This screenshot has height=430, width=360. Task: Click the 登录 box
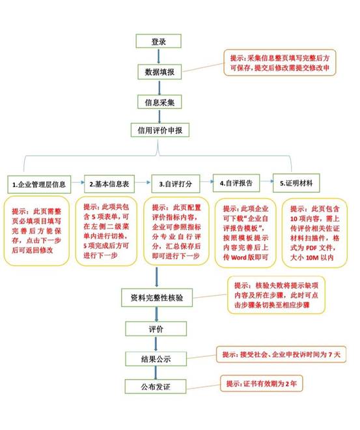pyautogui.click(x=158, y=41)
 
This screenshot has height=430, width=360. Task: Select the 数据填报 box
pyautogui.click(x=159, y=72)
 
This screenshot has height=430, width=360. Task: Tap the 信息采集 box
pyautogui.click(x=159, y=102)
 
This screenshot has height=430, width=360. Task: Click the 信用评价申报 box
pyautogui.click(x=159, y=130)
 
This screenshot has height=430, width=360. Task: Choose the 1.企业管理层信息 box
pyautogui.click(x=39, y=184)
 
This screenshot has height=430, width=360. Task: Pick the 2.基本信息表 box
pyautogui.click(x=109, y=184)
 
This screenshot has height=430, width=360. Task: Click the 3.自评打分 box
pyautogui.click(x=176, y=184)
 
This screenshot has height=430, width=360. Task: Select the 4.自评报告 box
pyautogui.click(x=236, y=183)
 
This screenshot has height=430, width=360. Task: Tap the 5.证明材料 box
pyautogui.click(x=296, y=183)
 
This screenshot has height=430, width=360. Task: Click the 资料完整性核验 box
pyautogui.click(x=157, y=298)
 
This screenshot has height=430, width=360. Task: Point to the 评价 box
pyautogui.click(x=156, y=329)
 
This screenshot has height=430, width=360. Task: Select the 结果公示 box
pyautogui.click(x=156, y=359)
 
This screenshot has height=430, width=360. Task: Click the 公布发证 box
pyautogui.click(x=156, y=386)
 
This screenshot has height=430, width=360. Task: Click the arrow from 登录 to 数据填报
pyautogui.click(x=159, y=56)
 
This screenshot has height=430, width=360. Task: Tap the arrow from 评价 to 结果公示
pyautogui.click(x=156, y=344)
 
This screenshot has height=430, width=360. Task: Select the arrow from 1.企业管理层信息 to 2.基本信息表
pyautogui.click(x=78, y=182)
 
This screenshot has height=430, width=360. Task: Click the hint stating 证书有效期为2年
pyautogui.click(x=261, y=383)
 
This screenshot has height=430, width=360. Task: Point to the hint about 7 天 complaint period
pyautogui.click(x=281, y=354)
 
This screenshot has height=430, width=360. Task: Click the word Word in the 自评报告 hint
pyautogui.click(x=239, y=258)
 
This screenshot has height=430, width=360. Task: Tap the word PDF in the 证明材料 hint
pyautogui.click(x=311, y=248)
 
